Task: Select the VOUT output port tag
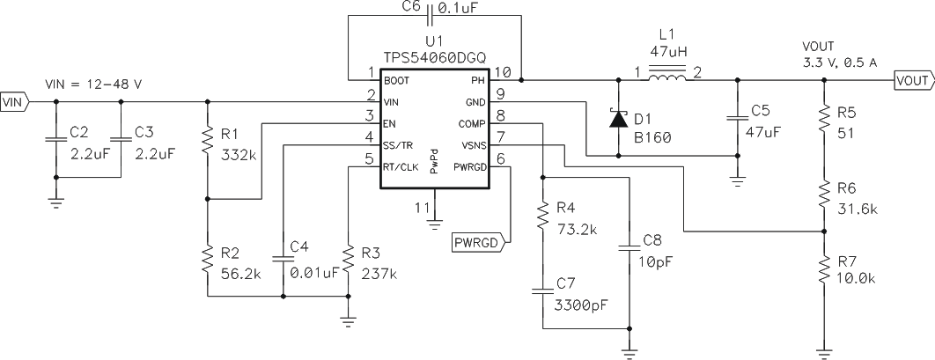[914, 80]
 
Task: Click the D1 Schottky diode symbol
[618, 118]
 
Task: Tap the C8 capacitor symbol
[628, 247]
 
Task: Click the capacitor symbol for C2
[55, 139]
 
